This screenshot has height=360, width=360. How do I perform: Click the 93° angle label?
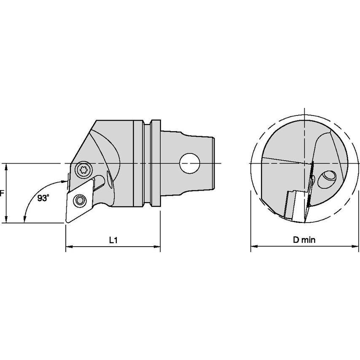click(x=43, y=198)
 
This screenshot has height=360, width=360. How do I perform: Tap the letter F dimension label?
click(x=2, y=193)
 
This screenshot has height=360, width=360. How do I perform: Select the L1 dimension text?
click(x=113, y=240)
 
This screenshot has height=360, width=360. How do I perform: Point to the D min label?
click(x=304, y=240)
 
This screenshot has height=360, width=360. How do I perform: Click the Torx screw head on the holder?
click(x=82, y=170)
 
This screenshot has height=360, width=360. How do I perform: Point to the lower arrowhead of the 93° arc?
click(x=25, y=218)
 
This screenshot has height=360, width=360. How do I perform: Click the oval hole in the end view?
click(x=327, y=179)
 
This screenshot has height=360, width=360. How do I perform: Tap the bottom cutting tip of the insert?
click(x=67, y=221)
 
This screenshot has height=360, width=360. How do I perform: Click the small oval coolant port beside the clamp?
click(x=110, y=181)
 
